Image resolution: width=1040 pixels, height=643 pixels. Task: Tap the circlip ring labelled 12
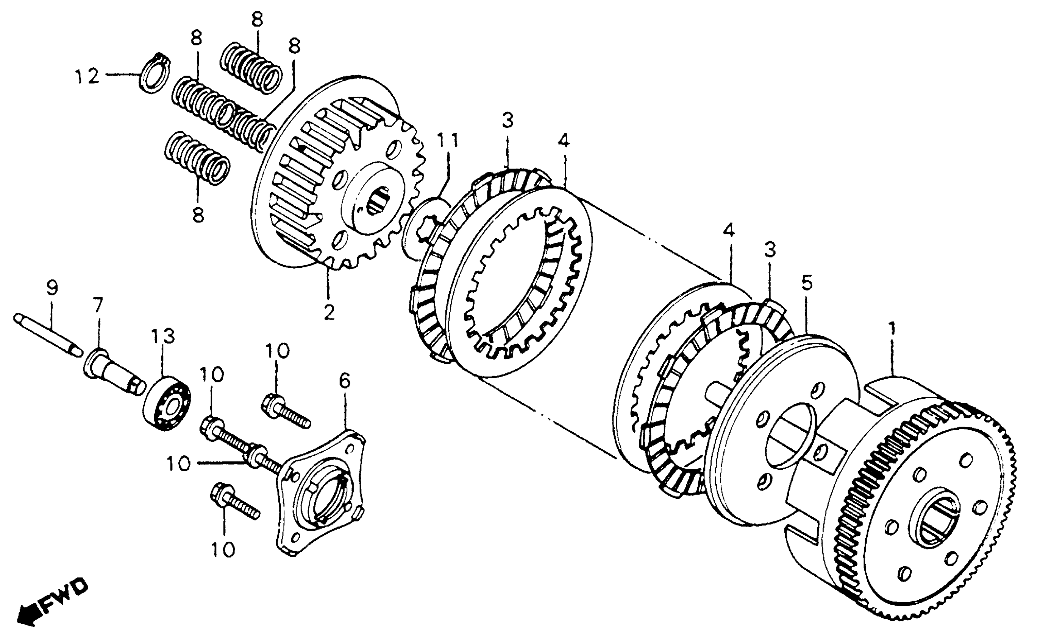tap(154, 73)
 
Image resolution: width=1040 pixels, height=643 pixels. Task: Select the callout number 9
tap(52, 289)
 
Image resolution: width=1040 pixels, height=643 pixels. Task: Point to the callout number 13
tap(164, 336)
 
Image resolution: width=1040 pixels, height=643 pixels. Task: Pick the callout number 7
tap(98, 305)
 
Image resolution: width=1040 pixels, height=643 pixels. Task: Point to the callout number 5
tap(807, 283)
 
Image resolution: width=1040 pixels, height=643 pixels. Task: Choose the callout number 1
tap(892, 329)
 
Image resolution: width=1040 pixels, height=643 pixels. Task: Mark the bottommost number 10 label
tap(223, 550)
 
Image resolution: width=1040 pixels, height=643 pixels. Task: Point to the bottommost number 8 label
tap(198, 216)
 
